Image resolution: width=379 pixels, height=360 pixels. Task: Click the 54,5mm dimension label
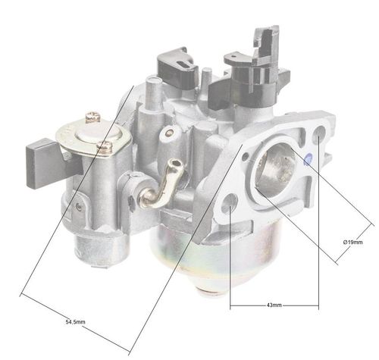point(75,322)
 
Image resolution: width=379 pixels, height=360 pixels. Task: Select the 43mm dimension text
point(274,305)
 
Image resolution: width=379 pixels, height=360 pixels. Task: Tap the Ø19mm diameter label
point(353,242)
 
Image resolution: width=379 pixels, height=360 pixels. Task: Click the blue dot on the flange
point(308,159)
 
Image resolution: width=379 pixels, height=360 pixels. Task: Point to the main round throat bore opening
point(274,167)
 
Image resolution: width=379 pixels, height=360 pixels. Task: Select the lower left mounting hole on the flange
point(230,202)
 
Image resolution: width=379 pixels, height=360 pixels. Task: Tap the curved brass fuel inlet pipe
point(161,183)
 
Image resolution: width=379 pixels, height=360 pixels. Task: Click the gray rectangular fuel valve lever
point(48,164)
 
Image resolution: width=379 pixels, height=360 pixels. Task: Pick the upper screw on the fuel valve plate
point(93,117)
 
